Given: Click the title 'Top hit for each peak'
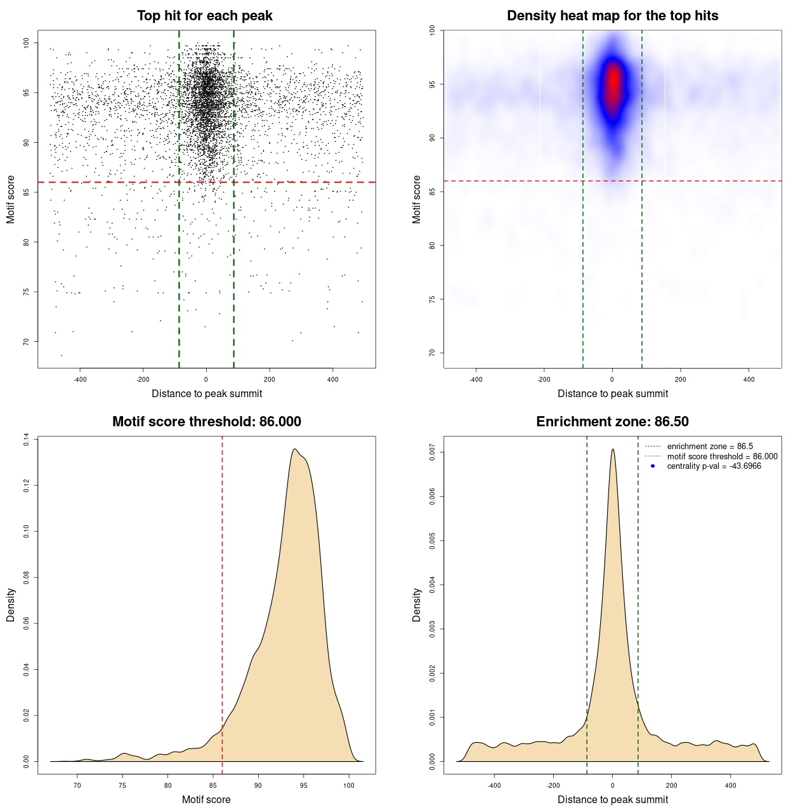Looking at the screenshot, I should (x=204, y=16).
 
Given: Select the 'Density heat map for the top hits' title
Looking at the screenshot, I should (x=612, y=16).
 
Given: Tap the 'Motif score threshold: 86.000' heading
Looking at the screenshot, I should (x=206, y=422).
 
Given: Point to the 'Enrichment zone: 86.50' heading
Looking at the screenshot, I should (x=612, y=422).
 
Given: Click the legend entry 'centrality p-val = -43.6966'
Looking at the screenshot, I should (x=714, y=466).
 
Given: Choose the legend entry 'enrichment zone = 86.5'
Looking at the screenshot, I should (x=710, y=447).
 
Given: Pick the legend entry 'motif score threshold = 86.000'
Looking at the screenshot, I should (x=722, y=457).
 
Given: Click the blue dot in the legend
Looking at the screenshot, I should (x=653, y=466).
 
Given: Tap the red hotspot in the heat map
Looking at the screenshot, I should (x=613, y=82).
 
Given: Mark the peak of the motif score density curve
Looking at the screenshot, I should (x=294, y=449).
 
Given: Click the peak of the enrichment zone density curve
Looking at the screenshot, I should (x=613, y=449).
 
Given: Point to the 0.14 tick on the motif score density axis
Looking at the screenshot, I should (x=26, y=440).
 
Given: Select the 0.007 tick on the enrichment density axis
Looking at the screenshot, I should (x=432, y=452).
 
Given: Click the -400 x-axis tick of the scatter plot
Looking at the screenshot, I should (x=80, y=379).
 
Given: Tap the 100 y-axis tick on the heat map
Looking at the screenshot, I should (x=432, y=30).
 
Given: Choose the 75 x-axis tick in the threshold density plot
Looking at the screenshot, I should (x=122, y=785).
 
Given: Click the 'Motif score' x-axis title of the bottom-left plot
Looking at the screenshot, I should (x=206, y=799).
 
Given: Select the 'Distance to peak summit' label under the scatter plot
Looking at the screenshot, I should (x=207, y=393).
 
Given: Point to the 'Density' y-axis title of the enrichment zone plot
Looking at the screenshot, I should (x=417, y=605).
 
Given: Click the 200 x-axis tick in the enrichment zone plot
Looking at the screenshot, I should (x=672, y=785).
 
